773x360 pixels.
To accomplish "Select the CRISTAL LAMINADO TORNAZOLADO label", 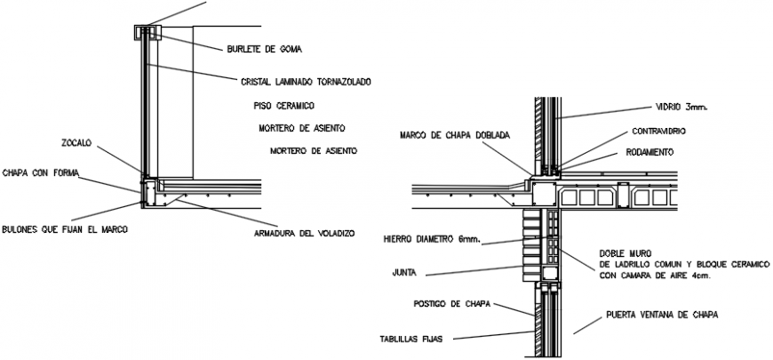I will (305, 82).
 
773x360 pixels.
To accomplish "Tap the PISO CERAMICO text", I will (283, 105).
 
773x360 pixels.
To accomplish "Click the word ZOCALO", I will (76, 142).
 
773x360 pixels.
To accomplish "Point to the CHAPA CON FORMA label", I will (40, 172).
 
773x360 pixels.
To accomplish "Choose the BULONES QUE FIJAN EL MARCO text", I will (65, 229).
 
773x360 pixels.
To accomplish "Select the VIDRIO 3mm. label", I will (680, 107).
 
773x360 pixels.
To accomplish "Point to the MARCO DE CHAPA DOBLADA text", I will (455, 135).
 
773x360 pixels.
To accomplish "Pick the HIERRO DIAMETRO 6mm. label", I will (431, 238).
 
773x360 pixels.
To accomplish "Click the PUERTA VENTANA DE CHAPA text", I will (659, 315).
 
